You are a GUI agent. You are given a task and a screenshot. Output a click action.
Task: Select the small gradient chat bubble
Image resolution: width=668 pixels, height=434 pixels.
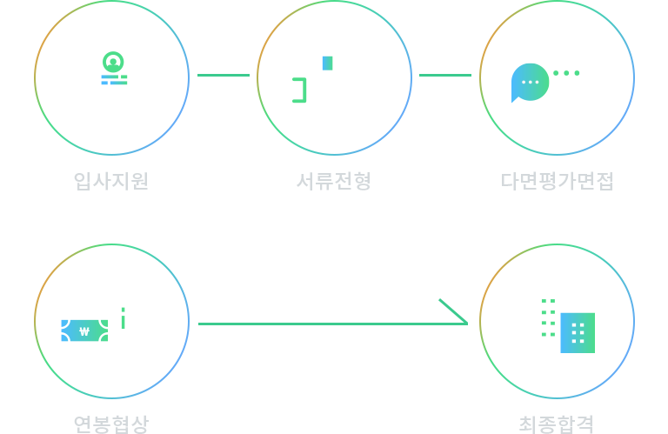point(530,83)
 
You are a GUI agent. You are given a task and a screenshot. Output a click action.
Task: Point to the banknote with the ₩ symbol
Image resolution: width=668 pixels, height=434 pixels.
point(84,331)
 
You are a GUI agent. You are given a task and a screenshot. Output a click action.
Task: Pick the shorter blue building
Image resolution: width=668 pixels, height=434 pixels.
point(578,332)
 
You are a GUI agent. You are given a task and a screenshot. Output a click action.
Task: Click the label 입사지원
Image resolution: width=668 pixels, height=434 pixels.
point(111,181)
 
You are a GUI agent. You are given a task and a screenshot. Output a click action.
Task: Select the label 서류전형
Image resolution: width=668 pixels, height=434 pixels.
point(334,181)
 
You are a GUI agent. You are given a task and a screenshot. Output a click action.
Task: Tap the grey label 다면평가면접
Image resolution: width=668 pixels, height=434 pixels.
point(557,181)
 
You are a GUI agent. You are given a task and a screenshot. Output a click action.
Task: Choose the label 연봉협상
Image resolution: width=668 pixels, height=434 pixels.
point(111,424)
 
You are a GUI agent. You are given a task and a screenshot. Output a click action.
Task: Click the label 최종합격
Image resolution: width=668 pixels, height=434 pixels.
point(556,424)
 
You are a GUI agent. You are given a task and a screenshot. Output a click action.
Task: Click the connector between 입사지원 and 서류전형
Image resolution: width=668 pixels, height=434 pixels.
point(223,75)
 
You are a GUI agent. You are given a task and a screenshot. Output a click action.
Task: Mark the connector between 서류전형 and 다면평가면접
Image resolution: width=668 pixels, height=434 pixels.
point(444,75)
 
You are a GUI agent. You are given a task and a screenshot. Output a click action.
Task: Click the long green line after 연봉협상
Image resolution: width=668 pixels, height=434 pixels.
point(317,323)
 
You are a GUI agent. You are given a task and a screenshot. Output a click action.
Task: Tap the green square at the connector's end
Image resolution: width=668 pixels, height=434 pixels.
point(453,310)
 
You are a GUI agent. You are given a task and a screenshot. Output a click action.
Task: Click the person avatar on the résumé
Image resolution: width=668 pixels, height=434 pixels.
point(113,61)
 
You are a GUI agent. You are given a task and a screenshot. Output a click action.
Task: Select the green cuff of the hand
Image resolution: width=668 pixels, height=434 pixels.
point(298,90)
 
